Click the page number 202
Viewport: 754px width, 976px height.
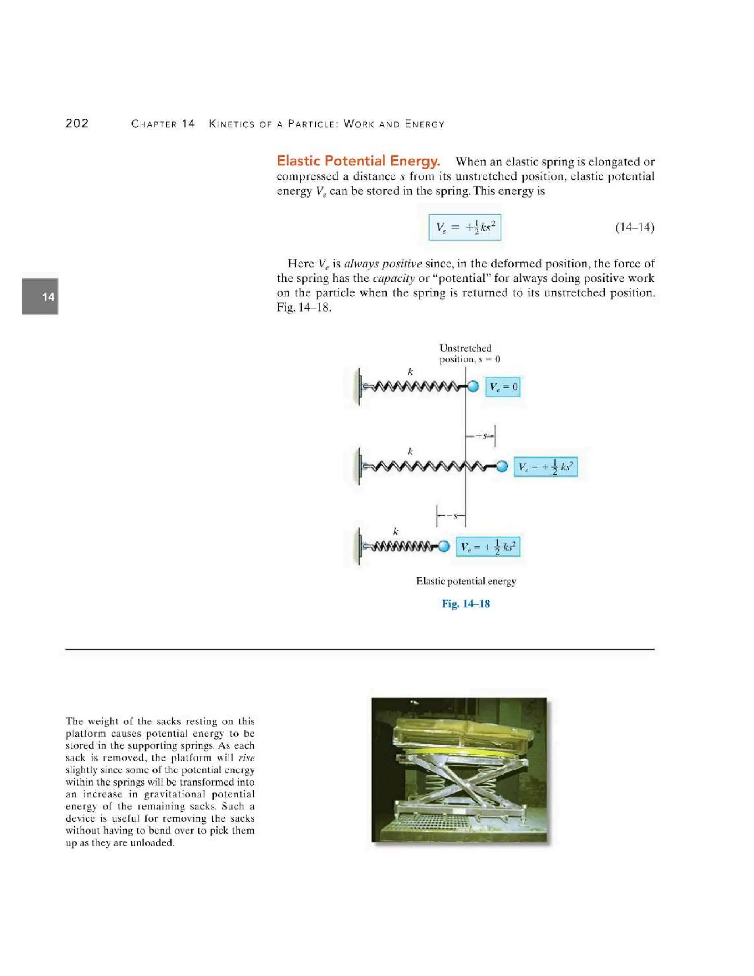click(77, 123)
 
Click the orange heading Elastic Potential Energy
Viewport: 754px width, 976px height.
click(358, 161)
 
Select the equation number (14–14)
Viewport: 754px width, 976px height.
click(634, 228)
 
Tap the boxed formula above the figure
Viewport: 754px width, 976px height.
click(465, 228)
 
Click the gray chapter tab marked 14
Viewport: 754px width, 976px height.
click(40, 296)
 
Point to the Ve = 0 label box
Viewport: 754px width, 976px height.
click(503, 387)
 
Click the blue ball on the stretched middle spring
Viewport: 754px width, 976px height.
click(502, 466)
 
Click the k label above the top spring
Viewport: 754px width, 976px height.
click(410, 371)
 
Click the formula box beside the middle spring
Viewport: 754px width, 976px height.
click(545, 467)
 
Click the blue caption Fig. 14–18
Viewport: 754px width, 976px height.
click(465, 604)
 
